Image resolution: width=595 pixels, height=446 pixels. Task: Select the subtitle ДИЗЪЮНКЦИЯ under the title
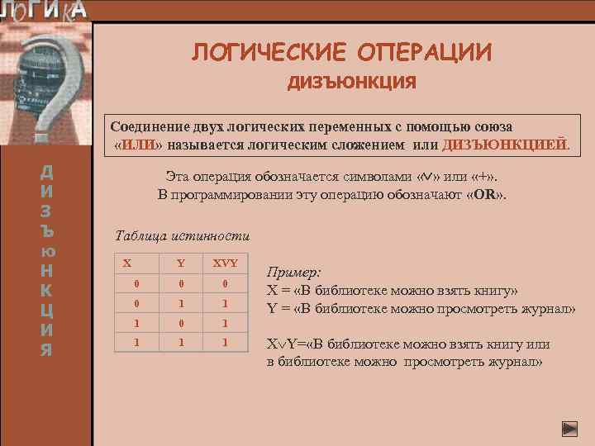pyautogui.click(x=351, y=83)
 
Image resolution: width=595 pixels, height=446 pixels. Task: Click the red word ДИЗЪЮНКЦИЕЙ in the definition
pyautogui.click(x=505, y=145)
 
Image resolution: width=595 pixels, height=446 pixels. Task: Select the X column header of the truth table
pyautogui.click(x=126, y=263)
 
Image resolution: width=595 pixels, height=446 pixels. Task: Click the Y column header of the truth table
pyautogui.click(x=180, y=263)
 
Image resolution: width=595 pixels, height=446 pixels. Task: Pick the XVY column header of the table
pyautogui.click(x=225, y=263)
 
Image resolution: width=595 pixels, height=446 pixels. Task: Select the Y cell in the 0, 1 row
pyautogui.click(x=180, y=303)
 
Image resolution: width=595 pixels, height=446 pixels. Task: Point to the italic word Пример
pyautogui.click(x=293, y=272)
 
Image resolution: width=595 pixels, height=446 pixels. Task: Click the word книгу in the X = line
pyautogui.click(x=491, y=291)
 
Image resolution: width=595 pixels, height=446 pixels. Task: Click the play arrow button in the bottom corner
pyautogui.click(x=569, y=429)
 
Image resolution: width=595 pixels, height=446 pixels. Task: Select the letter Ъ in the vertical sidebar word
pyautogui.click(x=47, y=230)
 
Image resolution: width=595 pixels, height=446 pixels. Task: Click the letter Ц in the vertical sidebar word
pyautogui.click(x=47, y=310)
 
